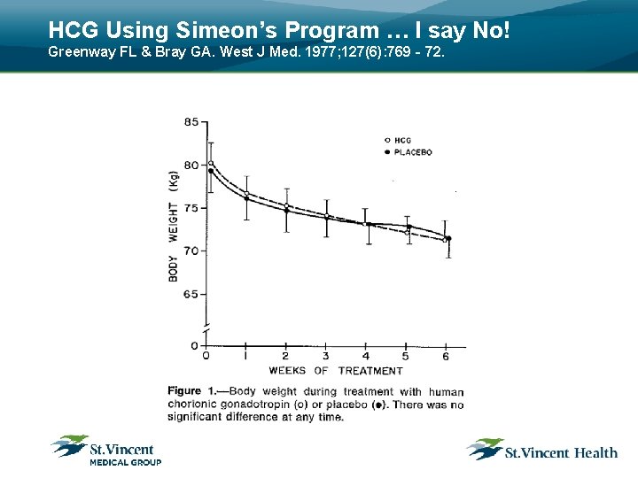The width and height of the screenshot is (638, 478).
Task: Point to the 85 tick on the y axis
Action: coord(191,121)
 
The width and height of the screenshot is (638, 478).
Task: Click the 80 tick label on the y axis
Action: coord(191,165)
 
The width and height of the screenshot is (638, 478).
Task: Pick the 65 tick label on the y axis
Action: coord(191,294)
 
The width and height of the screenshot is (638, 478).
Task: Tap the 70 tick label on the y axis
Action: coord(191,251)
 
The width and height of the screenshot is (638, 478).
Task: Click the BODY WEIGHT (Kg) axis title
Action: coord(174,226)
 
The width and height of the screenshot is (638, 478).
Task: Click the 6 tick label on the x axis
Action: coord(446,356)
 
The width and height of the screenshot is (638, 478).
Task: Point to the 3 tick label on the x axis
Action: coord(326,356)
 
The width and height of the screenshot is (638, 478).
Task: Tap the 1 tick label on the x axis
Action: coord(245,356)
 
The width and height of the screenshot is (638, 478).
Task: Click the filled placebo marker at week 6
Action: coord(448,238)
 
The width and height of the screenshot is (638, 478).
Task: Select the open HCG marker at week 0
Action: coord(210,163)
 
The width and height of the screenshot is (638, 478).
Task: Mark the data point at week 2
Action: coord(286,209)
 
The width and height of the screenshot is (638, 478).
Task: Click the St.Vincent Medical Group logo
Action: coord(105,450)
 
